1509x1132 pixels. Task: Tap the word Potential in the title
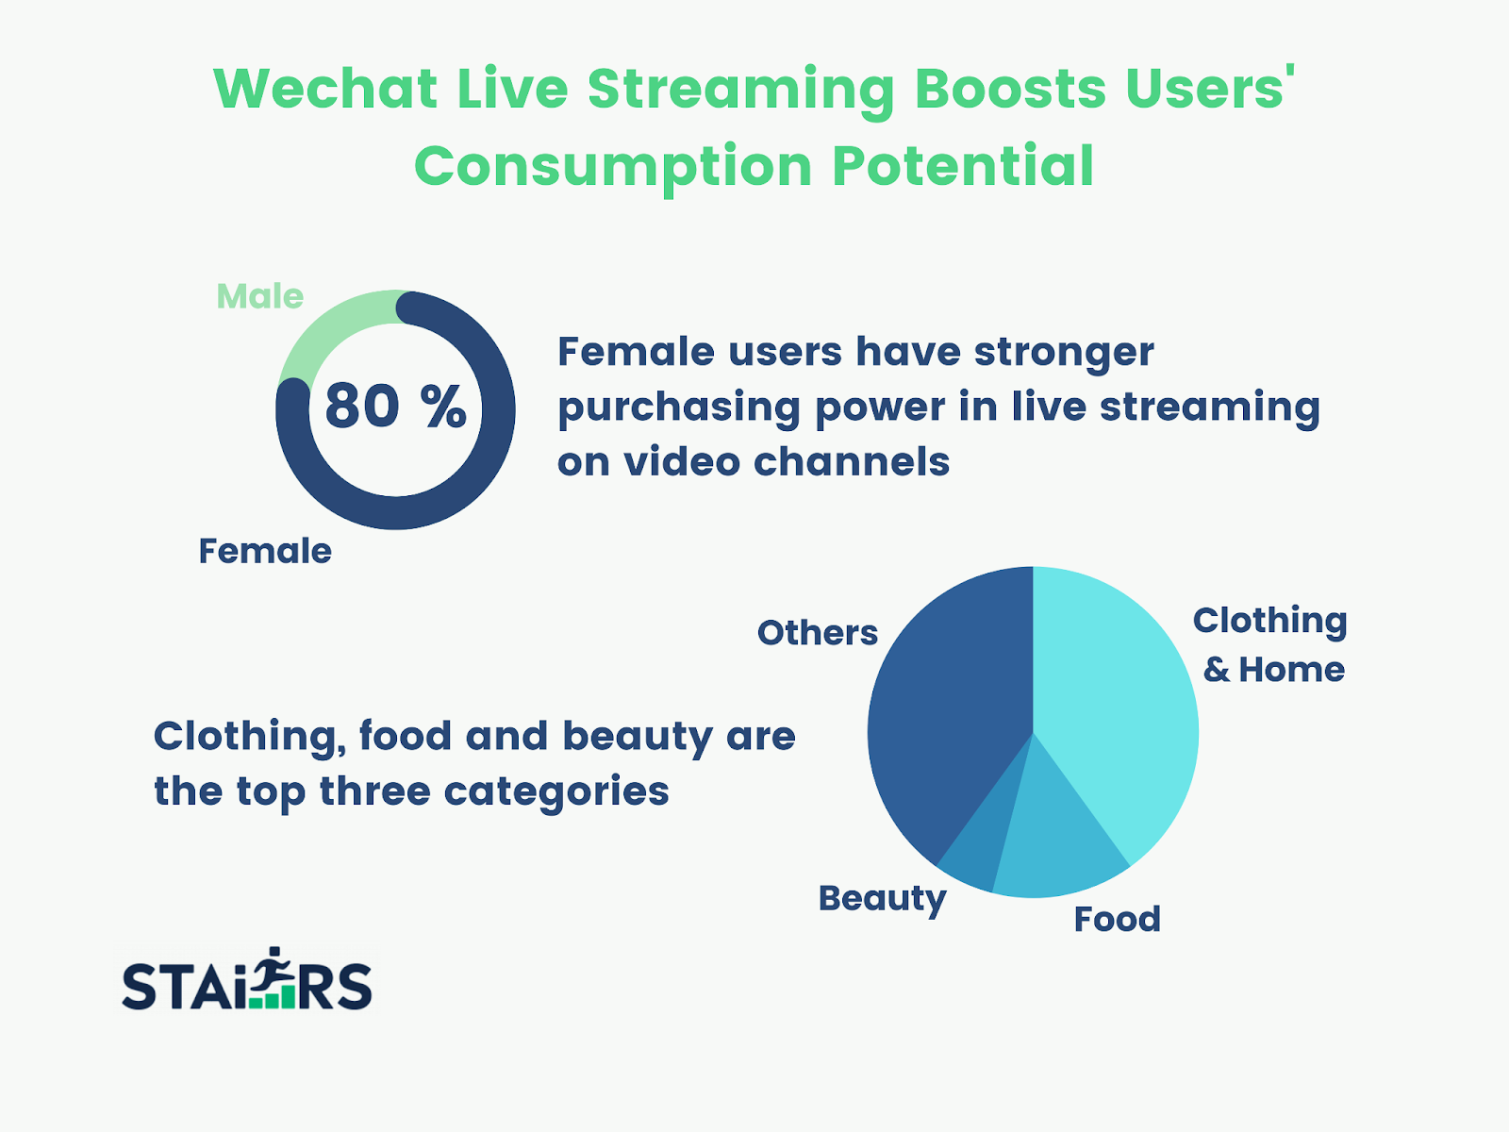[963, 166]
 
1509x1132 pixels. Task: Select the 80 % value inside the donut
[395, 406]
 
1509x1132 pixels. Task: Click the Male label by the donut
[260, 296]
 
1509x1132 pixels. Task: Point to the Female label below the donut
[265, 551]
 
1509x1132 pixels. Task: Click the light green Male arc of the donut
[330, 320]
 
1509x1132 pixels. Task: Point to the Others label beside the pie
[818, 632]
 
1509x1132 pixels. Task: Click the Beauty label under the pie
[882, 899]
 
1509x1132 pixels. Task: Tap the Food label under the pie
[1118, 919]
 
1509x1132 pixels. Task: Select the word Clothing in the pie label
[1269, 622]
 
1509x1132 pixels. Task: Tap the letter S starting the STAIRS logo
[141, 986]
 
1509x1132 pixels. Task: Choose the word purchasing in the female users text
[678, 408]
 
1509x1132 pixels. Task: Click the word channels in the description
[852, 461]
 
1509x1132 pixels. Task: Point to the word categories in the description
[556, 791]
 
